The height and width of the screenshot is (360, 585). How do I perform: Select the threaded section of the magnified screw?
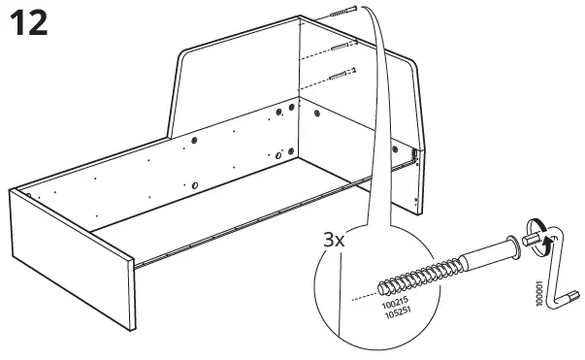click(417, 273)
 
